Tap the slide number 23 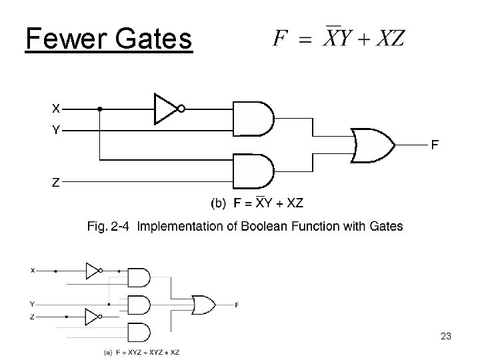[x=446, y=337]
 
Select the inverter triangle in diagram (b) [x=165, y=109]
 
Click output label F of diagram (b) [x=434, y=144]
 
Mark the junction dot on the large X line [x=100, y=109]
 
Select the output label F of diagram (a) [x=237, y=305]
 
